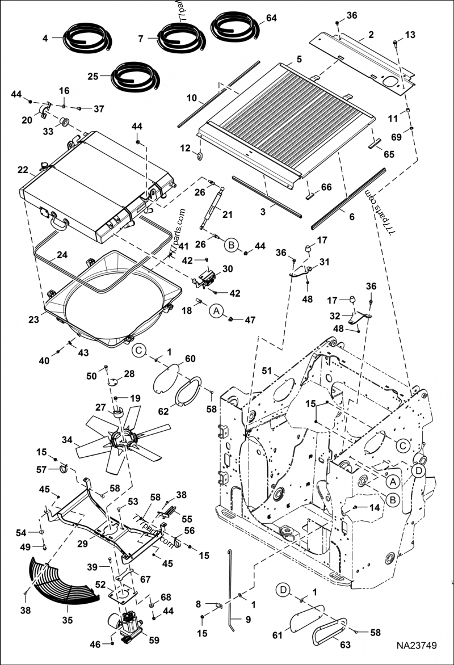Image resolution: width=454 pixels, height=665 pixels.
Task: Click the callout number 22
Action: (23, 170)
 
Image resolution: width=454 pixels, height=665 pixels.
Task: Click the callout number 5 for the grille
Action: (299, 58)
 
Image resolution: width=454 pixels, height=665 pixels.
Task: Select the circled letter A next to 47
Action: (216, 310)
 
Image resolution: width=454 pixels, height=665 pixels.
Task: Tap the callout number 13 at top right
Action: (410, 35)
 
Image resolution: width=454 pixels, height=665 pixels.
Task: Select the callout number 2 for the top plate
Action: (370, 35)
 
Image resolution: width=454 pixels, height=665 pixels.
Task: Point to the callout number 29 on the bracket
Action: (82, 543)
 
